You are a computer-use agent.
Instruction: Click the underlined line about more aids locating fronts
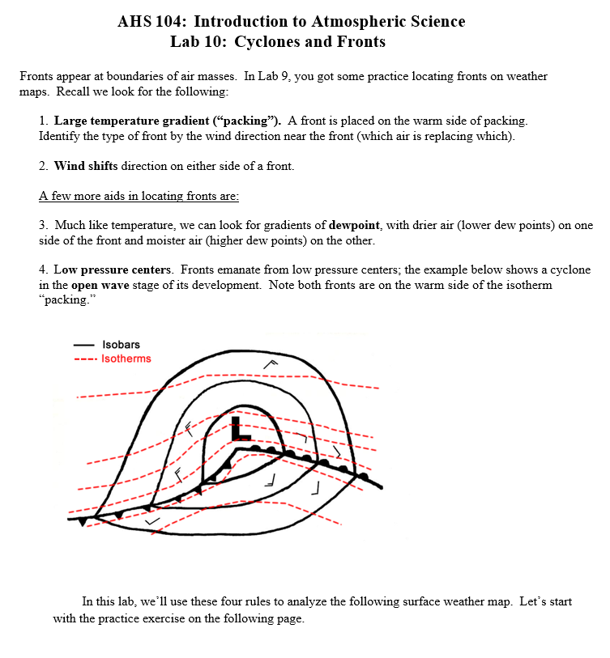tap(139, 196)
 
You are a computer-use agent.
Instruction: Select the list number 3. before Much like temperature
tap(44, 225)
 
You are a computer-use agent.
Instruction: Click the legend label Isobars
tap(121, 345)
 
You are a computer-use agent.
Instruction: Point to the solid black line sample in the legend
tap(84, 346)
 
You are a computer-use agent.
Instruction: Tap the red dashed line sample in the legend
tap(84, 359)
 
